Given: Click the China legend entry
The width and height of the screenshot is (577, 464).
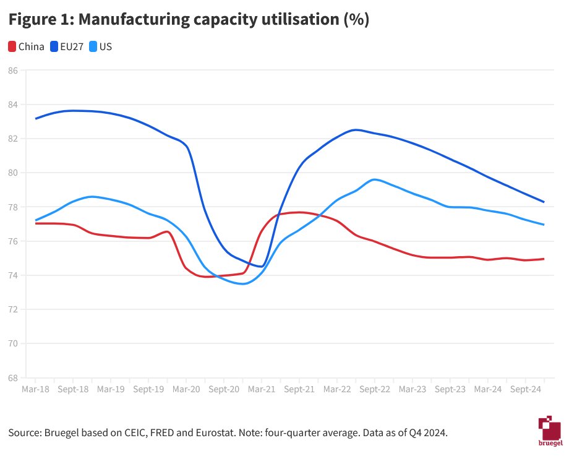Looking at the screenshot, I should point(26,46).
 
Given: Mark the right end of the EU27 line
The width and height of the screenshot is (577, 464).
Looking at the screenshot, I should point(544,202).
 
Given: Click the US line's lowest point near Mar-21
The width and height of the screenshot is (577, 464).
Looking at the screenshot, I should point(243,284).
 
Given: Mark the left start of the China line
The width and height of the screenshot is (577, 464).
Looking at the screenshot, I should point(35,223).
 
